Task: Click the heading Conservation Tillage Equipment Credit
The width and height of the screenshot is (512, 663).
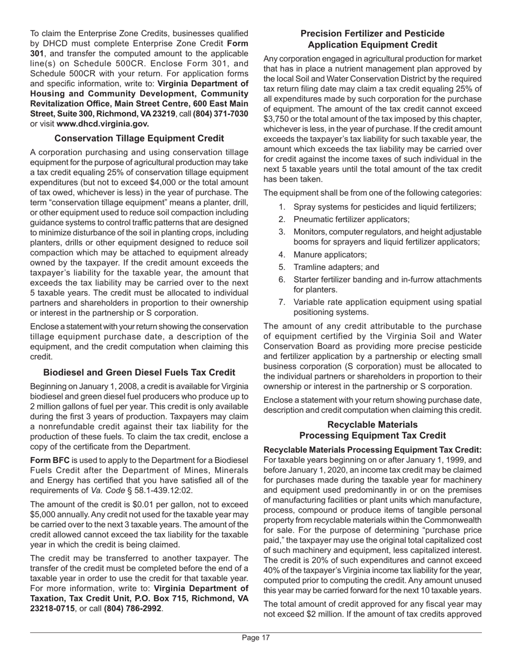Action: (139, 139)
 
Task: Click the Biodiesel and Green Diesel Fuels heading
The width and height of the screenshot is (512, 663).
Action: (139, 372)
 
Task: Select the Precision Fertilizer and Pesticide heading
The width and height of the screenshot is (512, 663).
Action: (372, 39)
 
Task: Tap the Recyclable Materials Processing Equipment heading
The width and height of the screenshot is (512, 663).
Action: (372, 430)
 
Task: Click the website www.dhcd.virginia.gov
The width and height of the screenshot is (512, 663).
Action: (102, 123)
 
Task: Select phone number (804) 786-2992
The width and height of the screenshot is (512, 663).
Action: (133, 609)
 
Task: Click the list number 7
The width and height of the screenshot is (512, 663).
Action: (282, 302)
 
